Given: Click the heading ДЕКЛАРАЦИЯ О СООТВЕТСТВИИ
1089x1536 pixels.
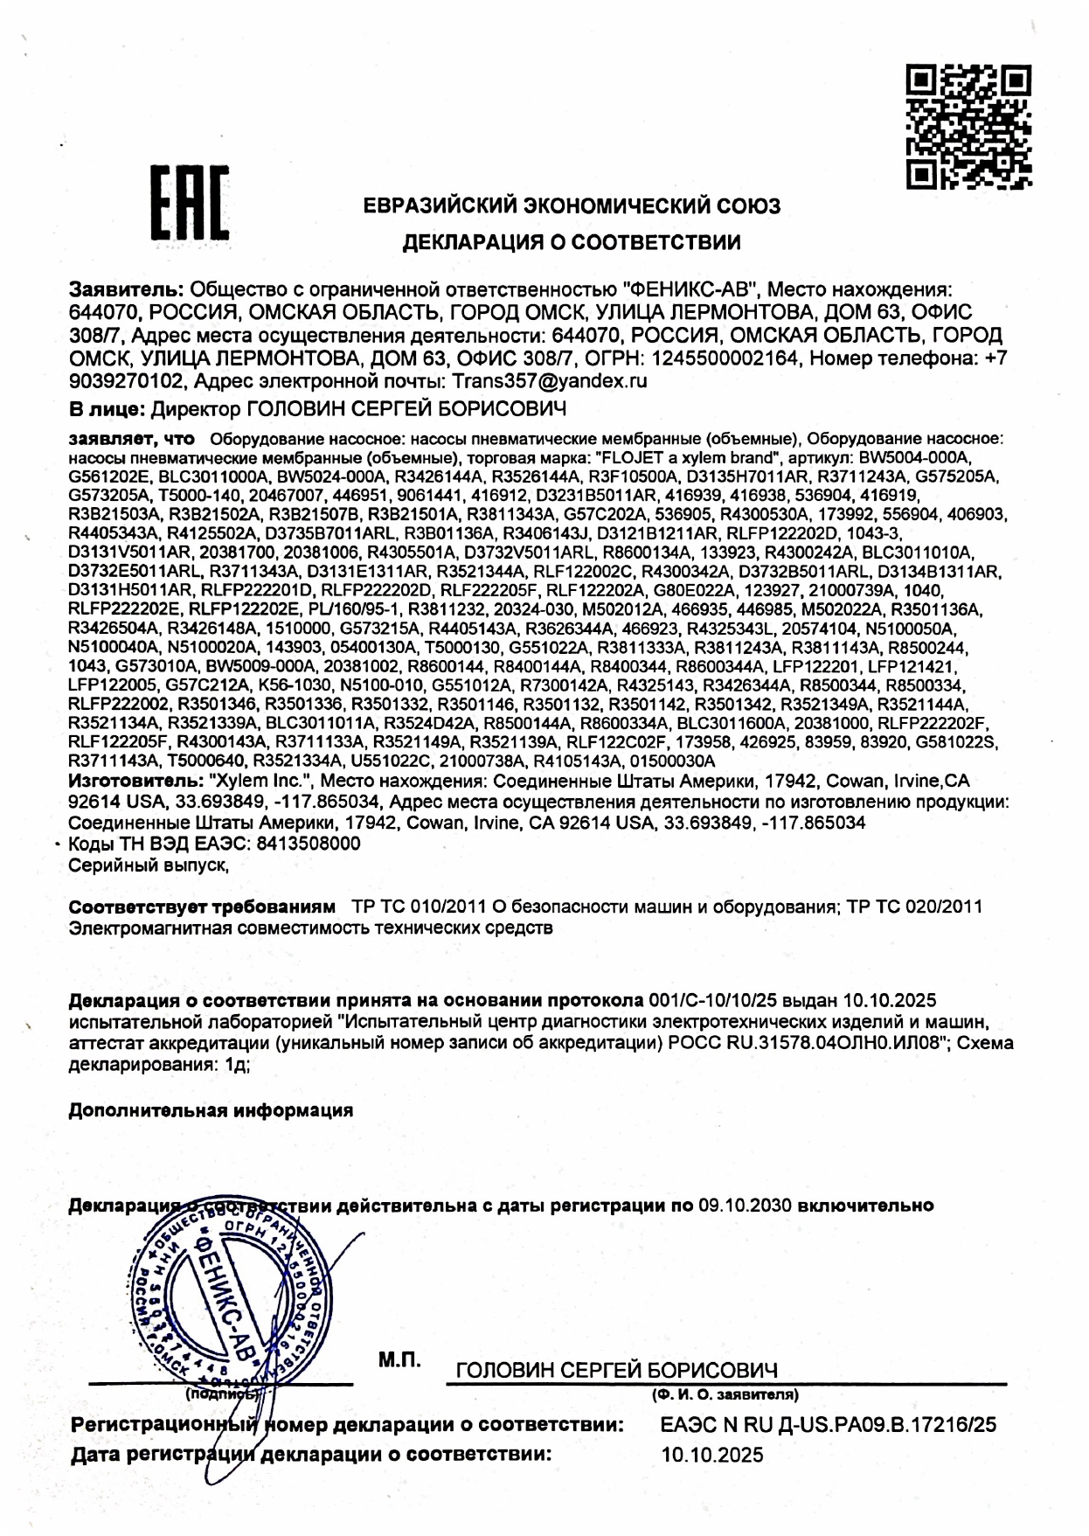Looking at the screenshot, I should (571, 242).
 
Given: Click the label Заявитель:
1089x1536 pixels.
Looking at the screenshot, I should (126, 289).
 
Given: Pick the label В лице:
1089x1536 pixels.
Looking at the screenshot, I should (107, 408).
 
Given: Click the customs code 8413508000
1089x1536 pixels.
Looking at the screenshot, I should (307, 844).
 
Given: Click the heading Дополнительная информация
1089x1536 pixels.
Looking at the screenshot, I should (211, 1110).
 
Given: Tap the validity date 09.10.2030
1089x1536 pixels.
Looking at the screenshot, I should (745, 1205).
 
